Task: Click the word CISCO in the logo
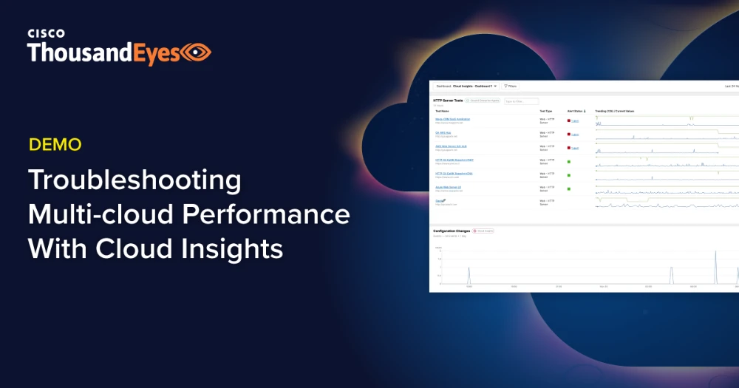pos(46,33)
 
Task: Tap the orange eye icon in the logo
pos(197,52)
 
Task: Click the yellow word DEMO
pos(55,145)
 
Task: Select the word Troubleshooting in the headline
pos(134,180)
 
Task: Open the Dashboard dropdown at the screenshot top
pos(466,86)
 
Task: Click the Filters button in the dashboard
pos(511,86)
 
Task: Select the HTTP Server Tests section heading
pos(448,100)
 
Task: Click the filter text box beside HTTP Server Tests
pos(522,101)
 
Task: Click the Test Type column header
pos(545,111)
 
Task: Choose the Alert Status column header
pos(576,111)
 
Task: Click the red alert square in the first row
pos(569,120)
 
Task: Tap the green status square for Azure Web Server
pos(569,188)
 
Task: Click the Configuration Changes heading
pos(452,231)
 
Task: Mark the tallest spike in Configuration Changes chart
pos(715,253)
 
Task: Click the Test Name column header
pos(442,111)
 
